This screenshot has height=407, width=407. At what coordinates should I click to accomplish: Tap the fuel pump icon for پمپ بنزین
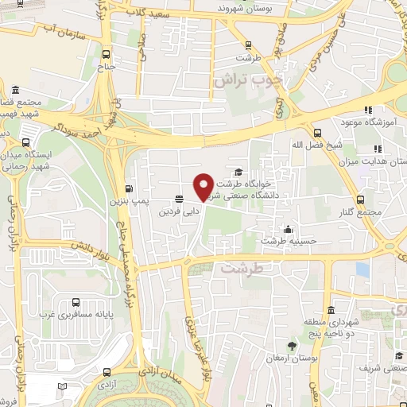128,189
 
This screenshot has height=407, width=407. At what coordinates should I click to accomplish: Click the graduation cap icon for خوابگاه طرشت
238,173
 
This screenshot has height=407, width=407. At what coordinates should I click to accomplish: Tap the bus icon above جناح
107,54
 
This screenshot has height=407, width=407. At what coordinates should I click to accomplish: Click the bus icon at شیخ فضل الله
317,133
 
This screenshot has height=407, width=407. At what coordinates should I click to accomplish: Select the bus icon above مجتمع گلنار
362,200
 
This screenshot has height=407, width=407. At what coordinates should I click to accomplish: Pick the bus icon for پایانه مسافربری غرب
76,302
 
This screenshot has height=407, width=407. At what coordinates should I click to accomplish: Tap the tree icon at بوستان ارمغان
293,346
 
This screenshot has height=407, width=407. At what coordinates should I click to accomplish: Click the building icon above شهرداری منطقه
331,310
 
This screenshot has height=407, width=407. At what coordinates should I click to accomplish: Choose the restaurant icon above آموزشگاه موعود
367,110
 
